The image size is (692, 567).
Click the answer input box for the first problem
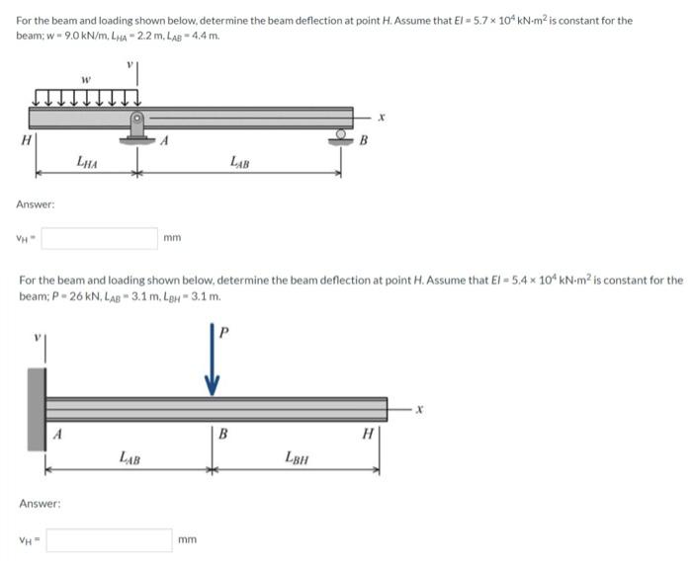(x=98, y=238)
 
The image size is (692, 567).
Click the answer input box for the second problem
(x=109, y=539)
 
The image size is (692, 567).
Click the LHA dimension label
(x=87, y=160)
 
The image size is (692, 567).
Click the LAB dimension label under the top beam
(x=239, y=160)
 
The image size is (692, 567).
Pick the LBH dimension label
(x=296, y=457)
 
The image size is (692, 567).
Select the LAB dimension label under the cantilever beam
(x=129, y=457)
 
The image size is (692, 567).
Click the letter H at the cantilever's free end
(x=367, y=433)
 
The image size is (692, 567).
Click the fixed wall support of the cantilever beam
(x=37, y=409)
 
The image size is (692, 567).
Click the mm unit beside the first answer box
(x=172, y=238)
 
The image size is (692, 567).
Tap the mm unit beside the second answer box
(x=188, y=539)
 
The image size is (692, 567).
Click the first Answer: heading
(x=36, y=203)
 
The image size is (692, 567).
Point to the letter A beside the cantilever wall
(x=57, y=433)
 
